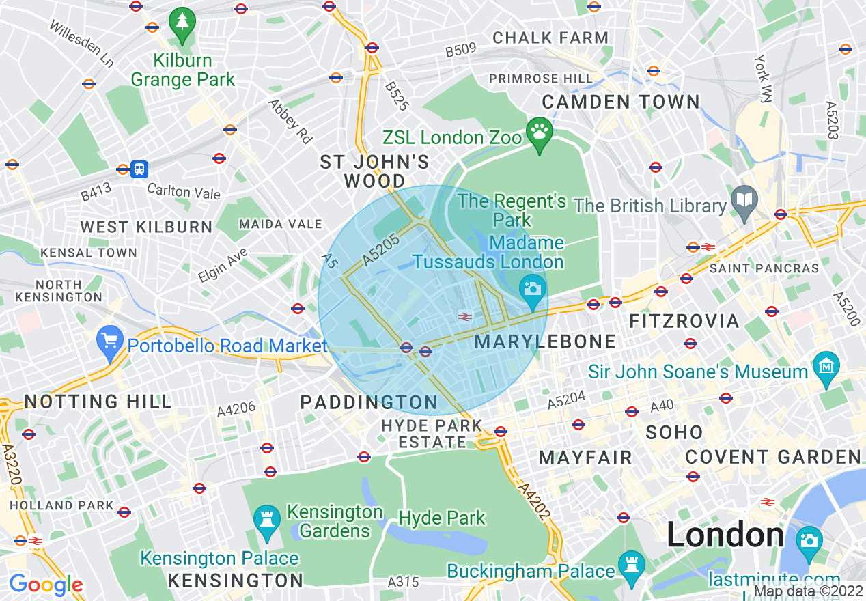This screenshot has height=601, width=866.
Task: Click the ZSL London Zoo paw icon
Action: [x=540, y=135]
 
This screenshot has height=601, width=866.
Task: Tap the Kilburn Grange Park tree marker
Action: [x=182, y=24]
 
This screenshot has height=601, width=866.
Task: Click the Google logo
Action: [x=46, y=585]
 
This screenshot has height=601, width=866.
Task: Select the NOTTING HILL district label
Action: [x=98, y=402]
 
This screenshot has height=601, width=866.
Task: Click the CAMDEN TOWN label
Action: [x=621, y=102]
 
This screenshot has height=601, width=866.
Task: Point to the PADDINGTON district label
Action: [x=369, y=403]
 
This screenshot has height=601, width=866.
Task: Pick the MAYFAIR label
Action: [x=585, y=458]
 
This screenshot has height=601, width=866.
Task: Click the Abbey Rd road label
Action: [x=290, y=122]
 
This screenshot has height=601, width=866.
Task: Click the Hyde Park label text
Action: [x=442, y=518]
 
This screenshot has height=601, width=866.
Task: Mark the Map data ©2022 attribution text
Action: [x=807, y=591]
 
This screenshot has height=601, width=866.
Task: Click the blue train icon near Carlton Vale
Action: [x=139, y=169]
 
